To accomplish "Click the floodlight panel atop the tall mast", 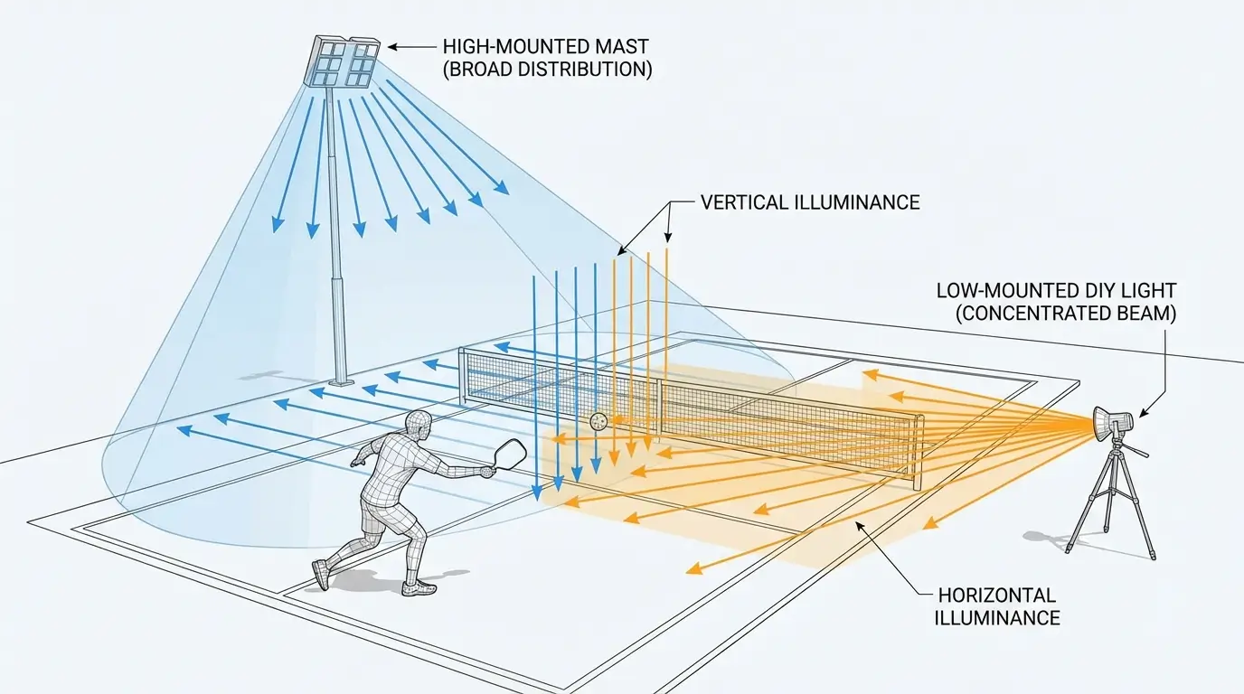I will point(345,61).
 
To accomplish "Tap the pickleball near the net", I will point(598,420).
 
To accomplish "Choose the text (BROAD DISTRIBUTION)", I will point(547,69).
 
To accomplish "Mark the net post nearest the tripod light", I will point(919,452).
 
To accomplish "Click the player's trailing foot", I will point(320,574).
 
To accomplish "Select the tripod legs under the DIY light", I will point(1111,506).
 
